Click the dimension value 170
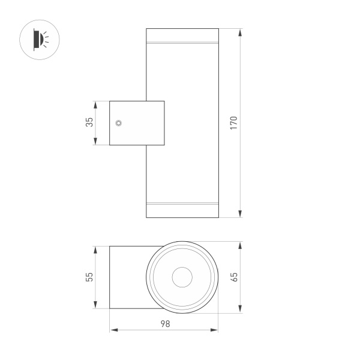[235, 122]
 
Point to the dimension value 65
[235, 277]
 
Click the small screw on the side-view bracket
[119, 123]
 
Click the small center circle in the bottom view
[182, 277]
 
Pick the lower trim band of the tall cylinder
[182, 203]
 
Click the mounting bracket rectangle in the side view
[136, 123]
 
